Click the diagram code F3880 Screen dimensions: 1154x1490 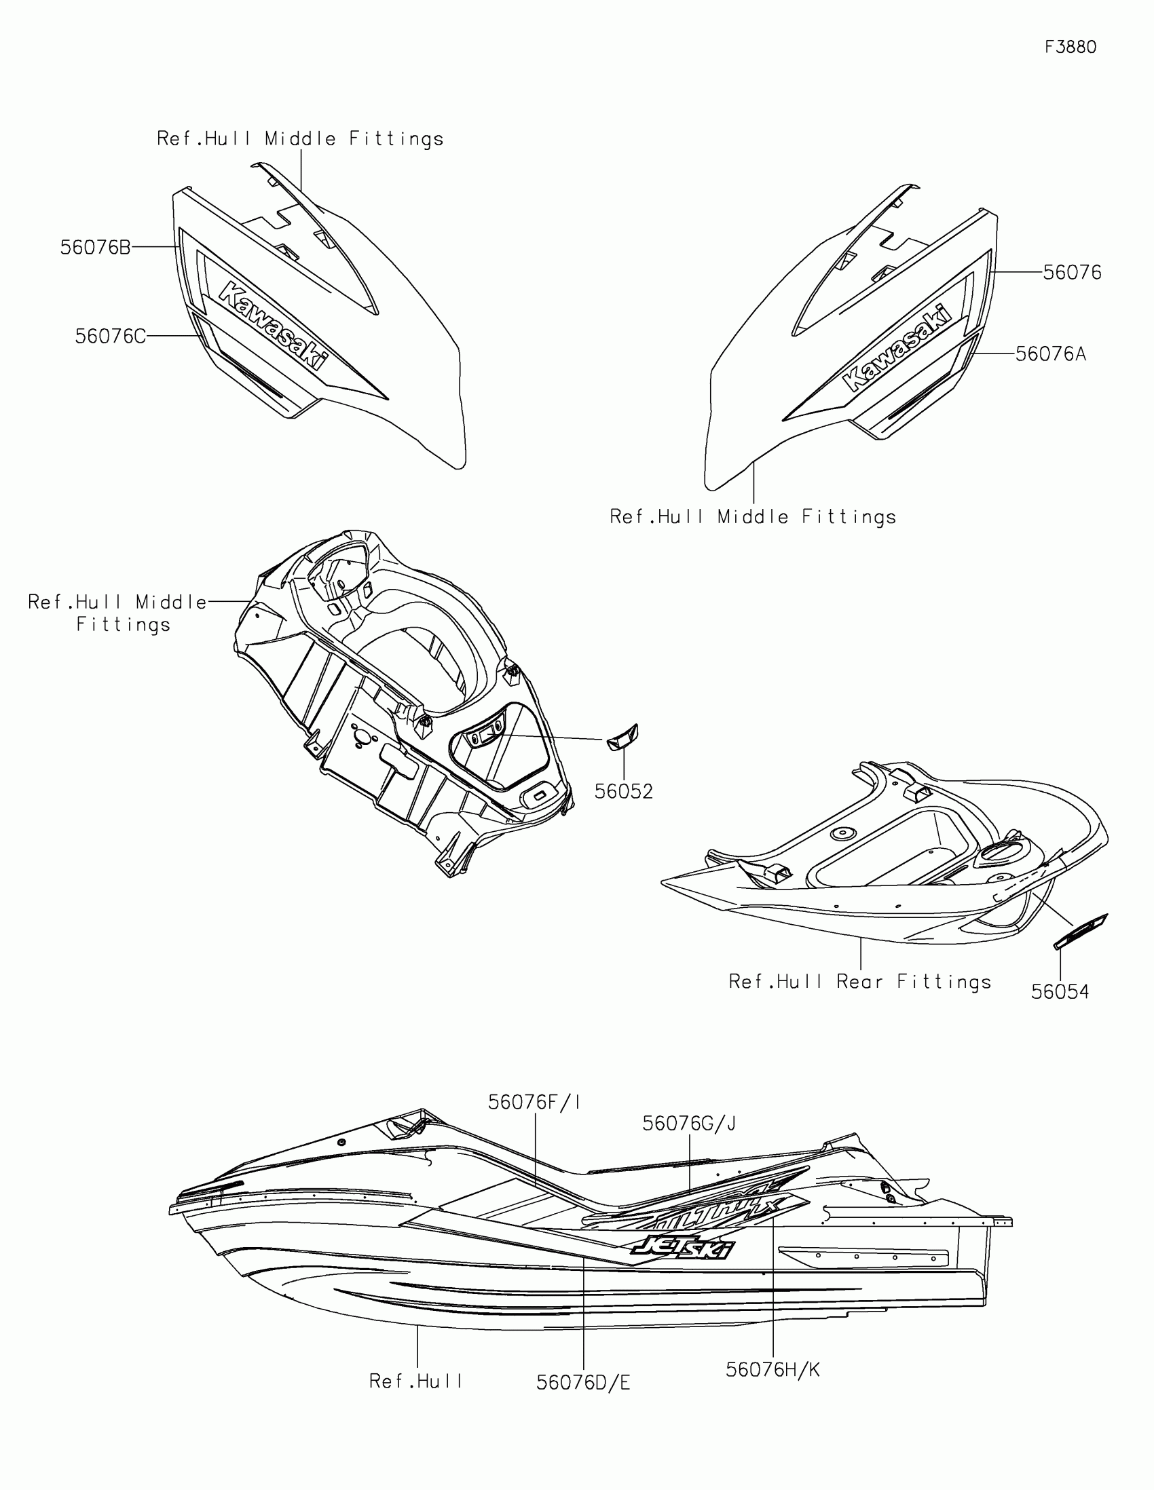tap(1070, 47)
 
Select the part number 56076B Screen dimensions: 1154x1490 tap(95, 248)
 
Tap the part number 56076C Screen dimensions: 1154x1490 tap(111, 337)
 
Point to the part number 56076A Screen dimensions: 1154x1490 tap(1051, 354)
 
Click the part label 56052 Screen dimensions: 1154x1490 tap(624, 791)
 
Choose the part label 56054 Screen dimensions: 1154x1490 tap(1060, 991)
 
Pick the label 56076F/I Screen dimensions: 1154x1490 tap(534, 1103)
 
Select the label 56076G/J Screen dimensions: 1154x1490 tap(689, 1123)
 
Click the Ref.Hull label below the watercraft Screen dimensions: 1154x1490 tap(416, 1381)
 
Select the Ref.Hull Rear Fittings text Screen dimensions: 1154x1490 tap(860, 982)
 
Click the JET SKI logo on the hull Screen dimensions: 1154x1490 tap(682, 1248)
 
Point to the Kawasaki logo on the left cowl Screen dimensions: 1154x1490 tap(272, 326)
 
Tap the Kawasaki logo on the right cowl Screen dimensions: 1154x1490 tap(897, 349)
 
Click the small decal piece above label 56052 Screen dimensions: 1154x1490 tap(622, 738)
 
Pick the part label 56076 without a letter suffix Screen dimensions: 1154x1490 tap(1072, 273)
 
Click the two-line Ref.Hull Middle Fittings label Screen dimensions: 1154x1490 tap(117, 613)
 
